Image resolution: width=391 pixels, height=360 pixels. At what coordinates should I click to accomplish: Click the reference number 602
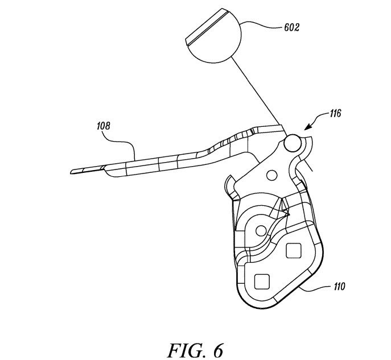[x=291, y=27]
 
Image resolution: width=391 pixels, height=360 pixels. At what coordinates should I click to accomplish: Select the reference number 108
[x=103, y=126]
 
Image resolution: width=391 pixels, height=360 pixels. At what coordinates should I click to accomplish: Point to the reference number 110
[x=339, y=287]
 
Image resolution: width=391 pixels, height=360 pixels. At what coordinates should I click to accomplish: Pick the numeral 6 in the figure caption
[x=217, y=350]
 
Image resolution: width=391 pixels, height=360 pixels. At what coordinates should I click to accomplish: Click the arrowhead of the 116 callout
[x=307, y=127]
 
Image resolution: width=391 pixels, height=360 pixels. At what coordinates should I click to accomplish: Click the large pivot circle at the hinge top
[x=293, y=143]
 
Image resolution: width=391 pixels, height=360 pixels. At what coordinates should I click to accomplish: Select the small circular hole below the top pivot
[x=272, y=175]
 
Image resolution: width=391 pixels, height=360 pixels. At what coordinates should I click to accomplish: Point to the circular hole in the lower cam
[x=261, y=231]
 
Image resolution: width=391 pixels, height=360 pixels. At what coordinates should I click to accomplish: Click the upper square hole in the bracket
[x=294, y=250]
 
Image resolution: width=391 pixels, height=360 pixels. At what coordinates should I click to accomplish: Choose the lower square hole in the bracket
[x=262, y=282]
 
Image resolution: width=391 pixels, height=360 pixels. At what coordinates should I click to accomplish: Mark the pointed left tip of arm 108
[x=71, y=172]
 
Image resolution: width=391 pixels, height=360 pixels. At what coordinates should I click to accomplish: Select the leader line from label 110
[x=316, y=289]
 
